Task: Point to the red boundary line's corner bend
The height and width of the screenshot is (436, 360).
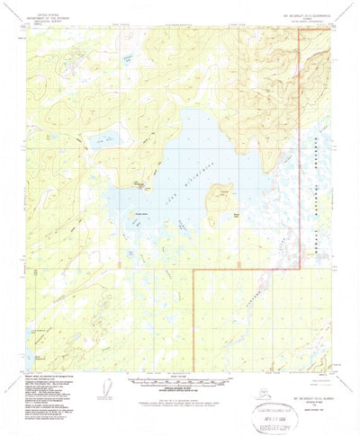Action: coord(195,269)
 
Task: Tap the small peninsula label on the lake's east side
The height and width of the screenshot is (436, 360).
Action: coord(236,215)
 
